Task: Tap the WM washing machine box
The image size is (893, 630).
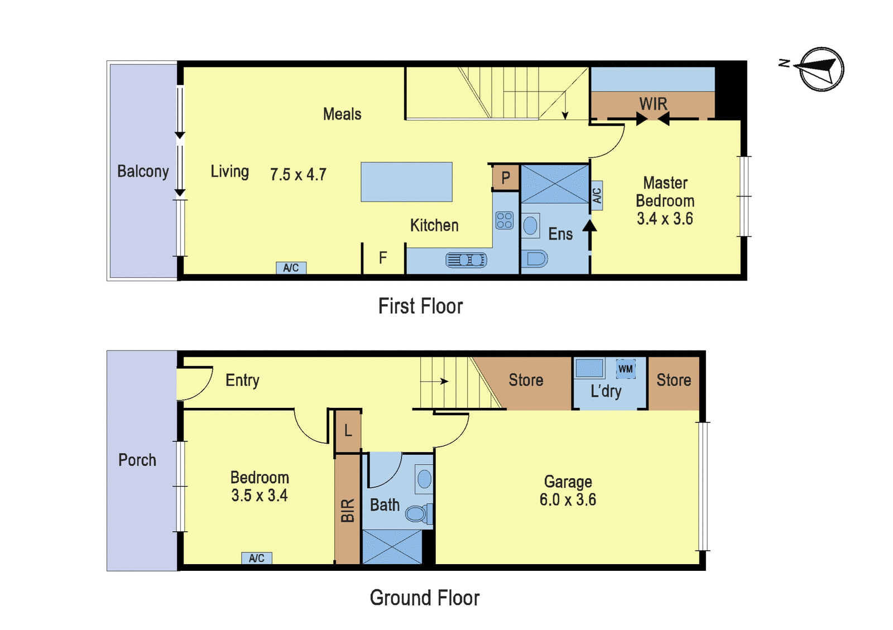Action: [626, 369]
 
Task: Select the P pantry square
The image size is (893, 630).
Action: [506, 177]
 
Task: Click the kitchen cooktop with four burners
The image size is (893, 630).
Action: [505, 220]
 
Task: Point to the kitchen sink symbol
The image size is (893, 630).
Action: [466, 260]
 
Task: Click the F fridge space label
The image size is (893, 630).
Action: [383, 258]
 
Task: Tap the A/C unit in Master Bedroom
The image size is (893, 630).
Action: [597, 196]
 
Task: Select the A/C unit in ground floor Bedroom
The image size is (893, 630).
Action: [257, 558]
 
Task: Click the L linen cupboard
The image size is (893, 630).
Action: [348, 431]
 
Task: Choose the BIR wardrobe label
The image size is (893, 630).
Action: [348, 510]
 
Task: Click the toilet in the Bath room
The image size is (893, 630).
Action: [419, 513]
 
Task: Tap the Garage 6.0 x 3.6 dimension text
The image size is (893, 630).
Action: [568, 499]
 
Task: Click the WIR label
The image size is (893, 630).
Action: [653, 104]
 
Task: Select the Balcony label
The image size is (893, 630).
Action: [143, 171]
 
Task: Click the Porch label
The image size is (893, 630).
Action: [137, 460]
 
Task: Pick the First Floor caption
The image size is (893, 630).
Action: [421, 306]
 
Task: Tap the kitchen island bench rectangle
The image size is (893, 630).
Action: [407, 182]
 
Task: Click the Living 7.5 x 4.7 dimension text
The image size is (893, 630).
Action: [298, 174]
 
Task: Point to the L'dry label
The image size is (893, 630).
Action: [606, 391]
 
